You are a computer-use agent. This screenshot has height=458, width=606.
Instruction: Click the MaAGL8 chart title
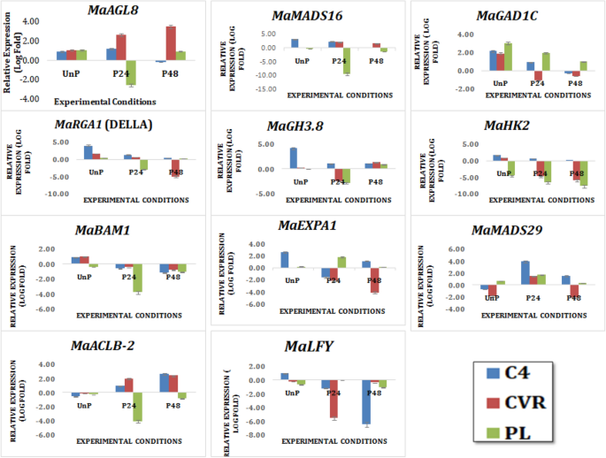[112, 11]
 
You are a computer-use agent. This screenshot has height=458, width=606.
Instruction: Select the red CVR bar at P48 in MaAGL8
[171, 43]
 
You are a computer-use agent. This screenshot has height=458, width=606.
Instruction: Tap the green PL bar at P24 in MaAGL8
[131, 73]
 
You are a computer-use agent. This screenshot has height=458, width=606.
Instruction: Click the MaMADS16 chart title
[307, 17]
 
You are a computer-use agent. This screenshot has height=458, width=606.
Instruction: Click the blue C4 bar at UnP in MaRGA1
[88, 152]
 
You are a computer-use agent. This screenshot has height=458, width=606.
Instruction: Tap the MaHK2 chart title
[507, 126]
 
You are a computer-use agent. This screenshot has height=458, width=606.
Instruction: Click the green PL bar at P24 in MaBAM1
[137, 278]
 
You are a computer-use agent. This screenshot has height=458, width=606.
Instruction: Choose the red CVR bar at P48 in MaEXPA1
[374, 279]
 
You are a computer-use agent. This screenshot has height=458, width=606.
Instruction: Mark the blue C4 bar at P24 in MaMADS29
[525, 272]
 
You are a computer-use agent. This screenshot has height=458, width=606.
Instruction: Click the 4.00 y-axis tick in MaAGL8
[30, 21]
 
